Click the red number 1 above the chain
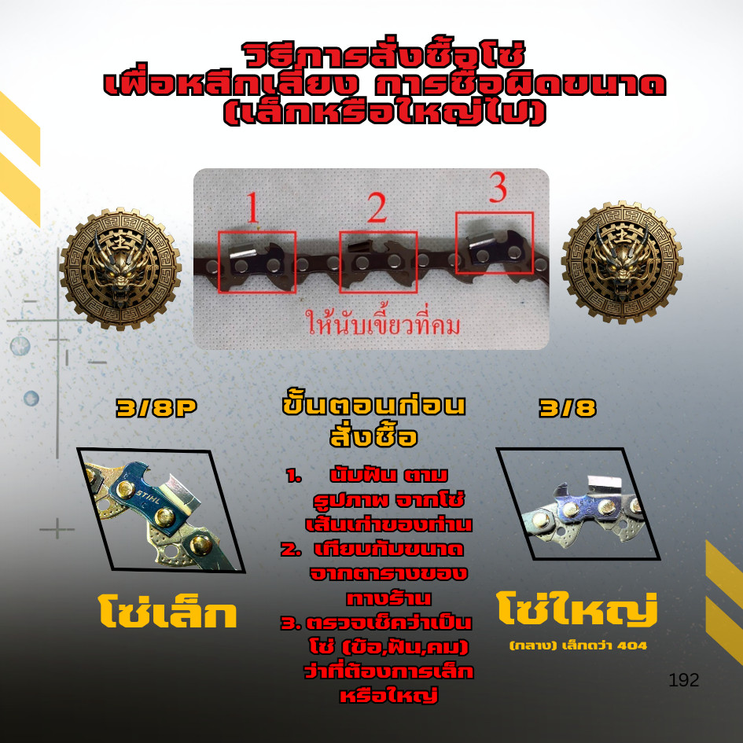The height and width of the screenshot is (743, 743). pyautogui.click(x=253, y=207)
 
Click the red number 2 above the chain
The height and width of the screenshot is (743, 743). pyautogui.click(x=377, y=208)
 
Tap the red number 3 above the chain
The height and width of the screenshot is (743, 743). pyautogui.click(x=498, y=188)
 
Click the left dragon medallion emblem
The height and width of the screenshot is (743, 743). pyautogui.click(x=120, y=269)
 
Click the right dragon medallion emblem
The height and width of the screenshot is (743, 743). pyautogui.click(x=622, y=262)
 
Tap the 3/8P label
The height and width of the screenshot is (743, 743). pyautogui.click(x=156, y=408)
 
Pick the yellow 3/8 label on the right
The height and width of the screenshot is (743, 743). pyautogui.click(x=567, y=408)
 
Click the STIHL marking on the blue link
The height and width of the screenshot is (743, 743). pyautogui.click(x=149, y=498)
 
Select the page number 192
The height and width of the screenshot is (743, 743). pyautogui.click(x=684, y=680)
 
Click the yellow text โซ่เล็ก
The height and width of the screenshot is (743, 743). pyautogui.click(x=167, y=612)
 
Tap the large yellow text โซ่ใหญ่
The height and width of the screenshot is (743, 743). pyautogui.click(x=577, y=609)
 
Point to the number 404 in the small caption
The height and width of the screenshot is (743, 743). pyautogui.click(x=632, y=646)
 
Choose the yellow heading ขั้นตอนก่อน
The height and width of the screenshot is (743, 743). pyautogui.click(x=374, y=406)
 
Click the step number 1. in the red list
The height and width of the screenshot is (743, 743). pyautogui.click(x=294, y=476)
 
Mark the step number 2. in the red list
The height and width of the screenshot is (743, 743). pyautogui.click(x=291, y=550)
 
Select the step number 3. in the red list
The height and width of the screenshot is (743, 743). pyautogui.click(x=291, y=623)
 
